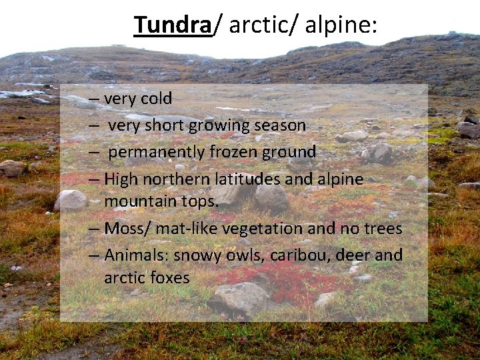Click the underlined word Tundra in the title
(x=173, y=25)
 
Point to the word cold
(x=156, y=99)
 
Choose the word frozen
(x=237, y=152)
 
